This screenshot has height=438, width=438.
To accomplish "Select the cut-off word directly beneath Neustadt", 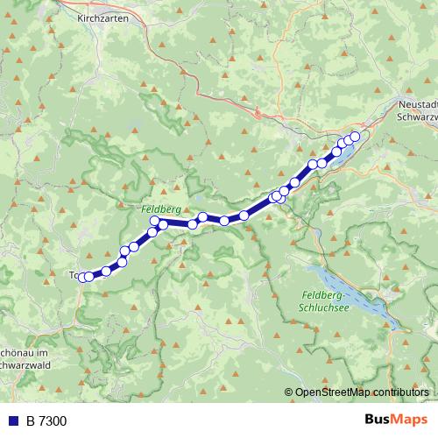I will (x=416, y=116).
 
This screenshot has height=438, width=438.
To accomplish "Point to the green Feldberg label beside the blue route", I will (x=160, y=211).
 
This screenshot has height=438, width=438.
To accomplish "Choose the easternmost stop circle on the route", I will (x=355, y=137).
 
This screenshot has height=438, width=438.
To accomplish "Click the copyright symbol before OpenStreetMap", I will (x=289, y=392).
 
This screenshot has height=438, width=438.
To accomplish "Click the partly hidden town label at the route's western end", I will (x=73, y=275).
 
